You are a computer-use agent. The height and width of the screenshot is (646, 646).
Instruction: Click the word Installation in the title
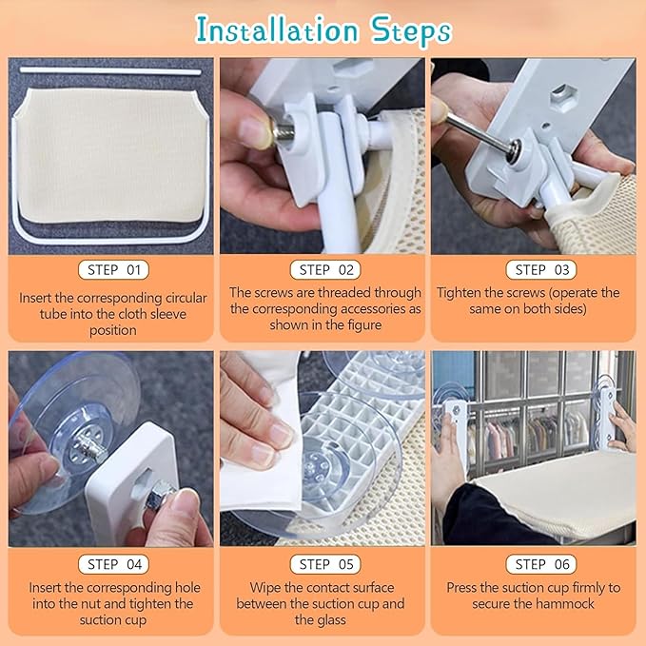277,30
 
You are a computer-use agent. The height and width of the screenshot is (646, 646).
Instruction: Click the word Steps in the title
411,31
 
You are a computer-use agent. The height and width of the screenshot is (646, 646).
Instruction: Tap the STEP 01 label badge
113,270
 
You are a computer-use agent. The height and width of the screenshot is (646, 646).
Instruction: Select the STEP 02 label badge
325,270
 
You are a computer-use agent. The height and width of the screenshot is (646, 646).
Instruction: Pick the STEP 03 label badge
541,270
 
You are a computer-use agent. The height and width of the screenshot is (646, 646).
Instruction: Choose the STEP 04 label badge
114,564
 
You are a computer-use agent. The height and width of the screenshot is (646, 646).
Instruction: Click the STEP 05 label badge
325,564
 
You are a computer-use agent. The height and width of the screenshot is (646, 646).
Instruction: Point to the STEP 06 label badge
541,564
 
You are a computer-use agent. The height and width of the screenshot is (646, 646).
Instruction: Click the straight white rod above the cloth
110,71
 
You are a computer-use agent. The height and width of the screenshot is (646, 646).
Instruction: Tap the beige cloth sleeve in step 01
111,156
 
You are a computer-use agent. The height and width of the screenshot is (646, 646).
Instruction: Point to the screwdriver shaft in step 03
481,130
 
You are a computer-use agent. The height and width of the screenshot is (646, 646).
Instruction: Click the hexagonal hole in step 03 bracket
561,92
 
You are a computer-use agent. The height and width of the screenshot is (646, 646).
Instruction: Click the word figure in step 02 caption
363,325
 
